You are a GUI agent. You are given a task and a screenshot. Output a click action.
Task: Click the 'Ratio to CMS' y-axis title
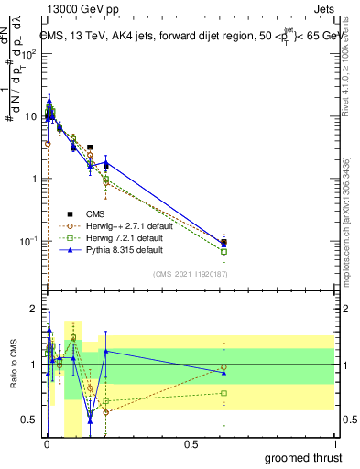[x=12, y=364]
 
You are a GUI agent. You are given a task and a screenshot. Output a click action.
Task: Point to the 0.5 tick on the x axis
[x=191, y=442]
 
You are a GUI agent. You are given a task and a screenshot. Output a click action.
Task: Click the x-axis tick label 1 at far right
[x=335, y=442]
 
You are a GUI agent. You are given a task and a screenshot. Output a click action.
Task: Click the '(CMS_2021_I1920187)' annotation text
[x=191, y=272]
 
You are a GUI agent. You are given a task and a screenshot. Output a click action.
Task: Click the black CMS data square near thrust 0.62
[x=224, y=243]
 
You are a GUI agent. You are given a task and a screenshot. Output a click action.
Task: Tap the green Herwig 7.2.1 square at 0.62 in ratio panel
[x=224, y=393]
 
